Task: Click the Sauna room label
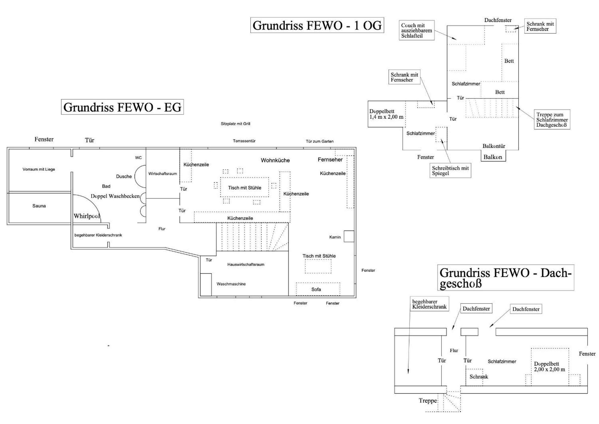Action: [39, 206]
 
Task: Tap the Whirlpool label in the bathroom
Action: [87, 216]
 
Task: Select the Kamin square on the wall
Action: [349, 236]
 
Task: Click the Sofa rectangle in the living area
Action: [318, 289]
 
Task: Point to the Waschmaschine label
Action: [231, 284]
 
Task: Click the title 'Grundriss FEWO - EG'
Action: [122, 107]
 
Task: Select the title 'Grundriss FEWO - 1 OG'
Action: [317, 25]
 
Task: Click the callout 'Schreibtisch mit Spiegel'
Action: [450, 171]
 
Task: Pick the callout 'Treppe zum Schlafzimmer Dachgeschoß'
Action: [552, 120]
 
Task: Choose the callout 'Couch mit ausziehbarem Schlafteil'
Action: [417, 30]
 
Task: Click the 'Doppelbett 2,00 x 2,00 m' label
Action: [549, 367]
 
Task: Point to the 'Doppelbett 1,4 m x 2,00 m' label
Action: [386, 114]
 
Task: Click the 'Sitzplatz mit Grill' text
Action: [235, 124]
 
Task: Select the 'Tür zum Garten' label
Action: [320, 141]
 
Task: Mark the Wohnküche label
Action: [275, 160]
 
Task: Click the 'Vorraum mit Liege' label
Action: [39, 169]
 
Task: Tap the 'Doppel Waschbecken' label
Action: [115, 196]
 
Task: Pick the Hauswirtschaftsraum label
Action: [246, 265]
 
